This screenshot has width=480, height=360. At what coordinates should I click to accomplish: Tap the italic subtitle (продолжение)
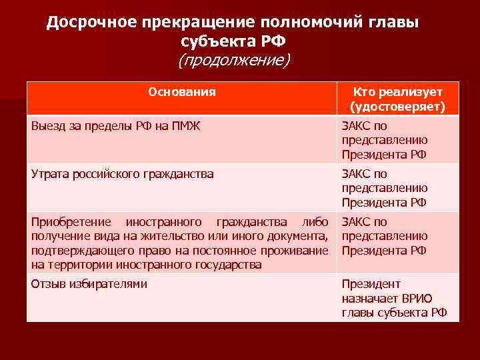[x=233, y=61]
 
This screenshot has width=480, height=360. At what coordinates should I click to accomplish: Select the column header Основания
[x=181, y=92]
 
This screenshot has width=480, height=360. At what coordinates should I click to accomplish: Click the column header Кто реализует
[x=397, y=92]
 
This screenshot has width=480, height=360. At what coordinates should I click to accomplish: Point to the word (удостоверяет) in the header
[x=397, y=107]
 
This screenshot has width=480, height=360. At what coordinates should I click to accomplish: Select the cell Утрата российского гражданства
[x=123, y=174]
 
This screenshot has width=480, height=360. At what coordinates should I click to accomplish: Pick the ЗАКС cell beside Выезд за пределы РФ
[x=385, y=140]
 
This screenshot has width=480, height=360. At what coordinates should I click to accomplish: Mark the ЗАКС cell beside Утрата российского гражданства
[x=385, y=188]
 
